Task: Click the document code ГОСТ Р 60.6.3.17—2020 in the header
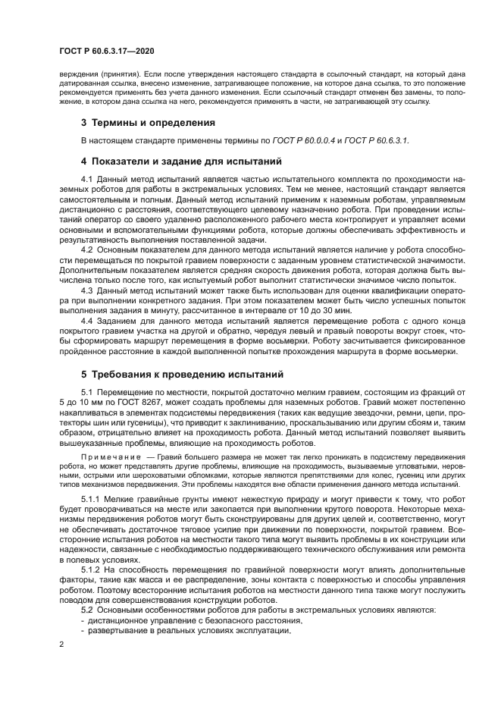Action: (106, 51)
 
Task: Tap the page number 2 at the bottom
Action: (61, 644)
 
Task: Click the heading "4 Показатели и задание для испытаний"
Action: (171, 161)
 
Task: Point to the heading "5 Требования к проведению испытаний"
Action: (171, 374)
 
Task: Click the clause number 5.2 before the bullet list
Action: (86, 609)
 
